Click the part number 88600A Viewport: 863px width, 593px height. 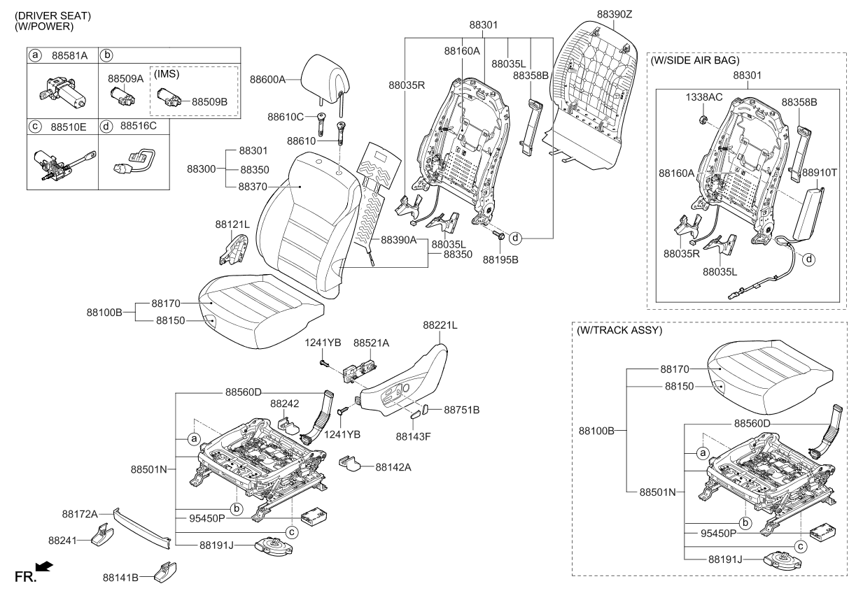point(268,80)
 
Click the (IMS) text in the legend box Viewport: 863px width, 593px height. point(167,73)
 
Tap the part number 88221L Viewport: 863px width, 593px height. point(440,325)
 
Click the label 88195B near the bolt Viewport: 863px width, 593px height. point(500,259)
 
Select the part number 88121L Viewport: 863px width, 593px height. point(232,224)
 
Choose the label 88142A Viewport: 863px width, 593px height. point(393,466)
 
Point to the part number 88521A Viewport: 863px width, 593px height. point(371,343)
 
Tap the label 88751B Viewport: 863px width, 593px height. point(461,408)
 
